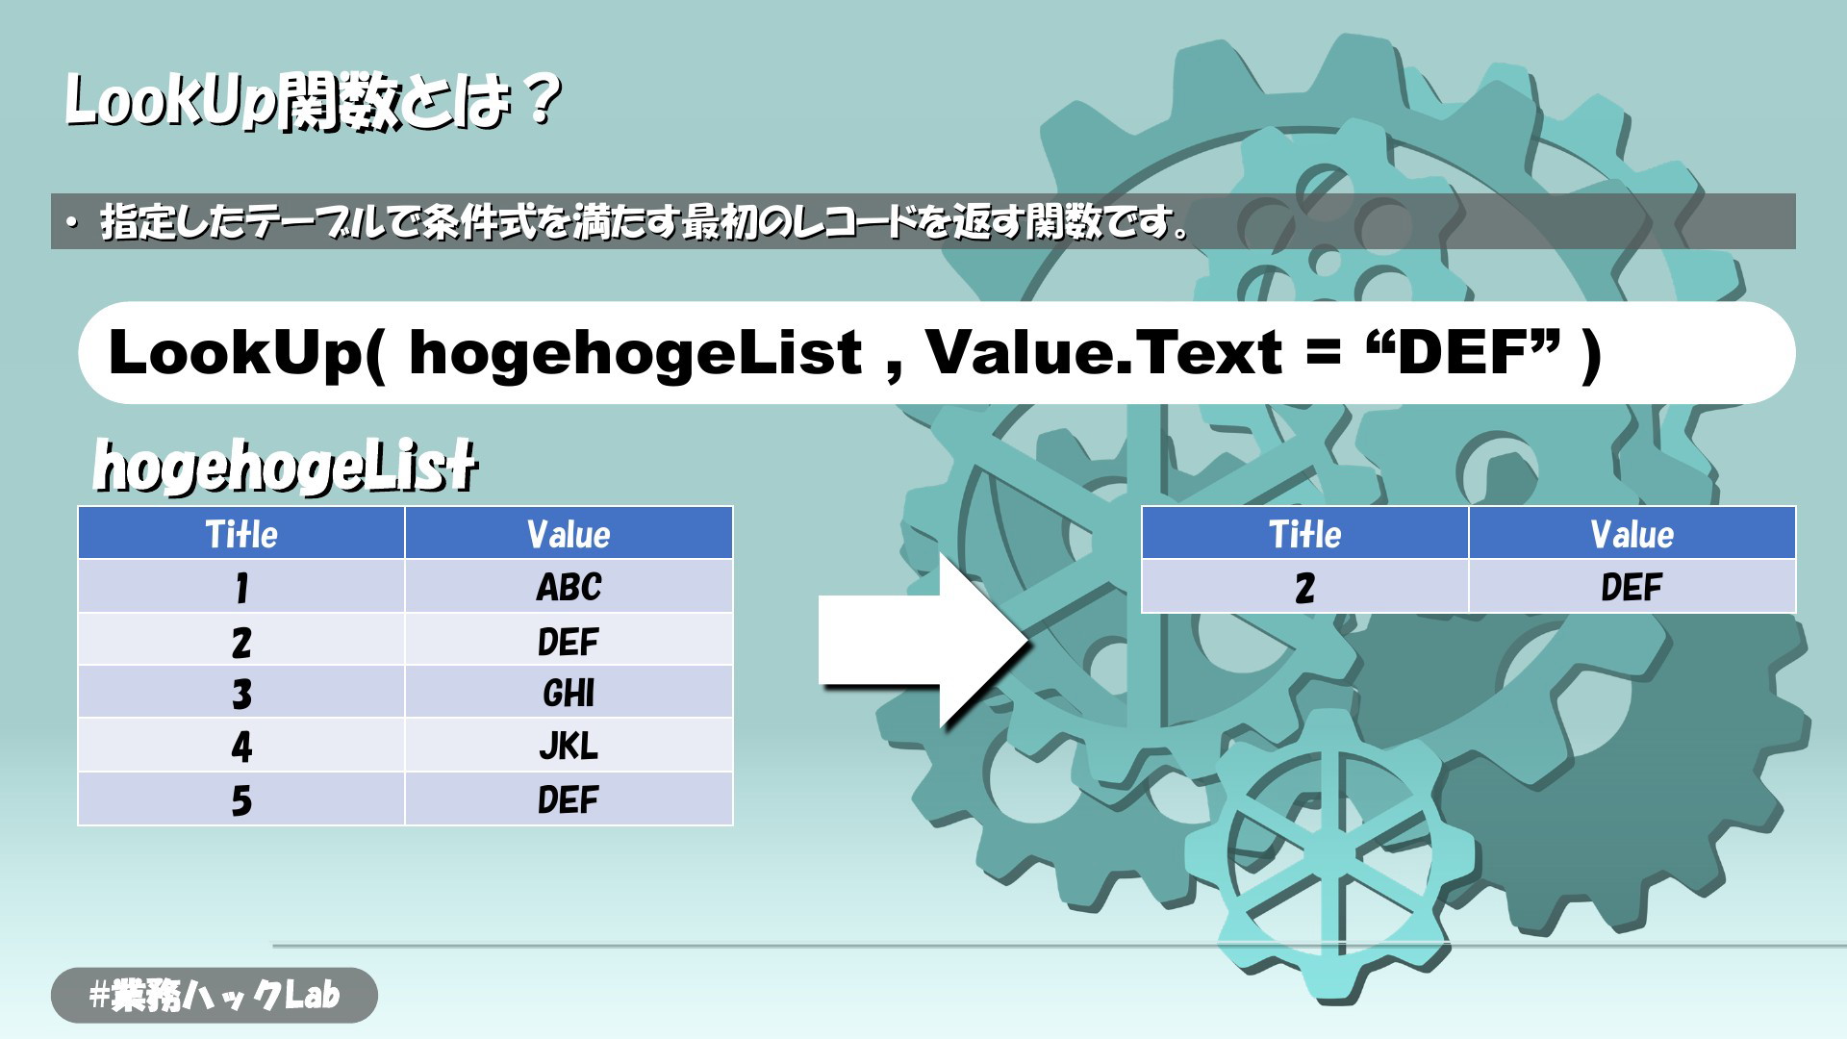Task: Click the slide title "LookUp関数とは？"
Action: (x=313, y=101)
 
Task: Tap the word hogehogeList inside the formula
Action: (x=635, y=353)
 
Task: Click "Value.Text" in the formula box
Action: (x=1104, y=352)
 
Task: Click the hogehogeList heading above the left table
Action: (x=285, y=466)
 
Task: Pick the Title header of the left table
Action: (x=241, y=534)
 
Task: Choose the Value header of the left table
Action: (x=569, y=534)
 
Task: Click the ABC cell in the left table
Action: (x=569, y=587)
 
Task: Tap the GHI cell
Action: (x=569, y=693)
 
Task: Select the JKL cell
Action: (x=569, y=746)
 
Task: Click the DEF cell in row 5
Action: (x=569, y=799)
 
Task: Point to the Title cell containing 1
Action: (x=241, y=587)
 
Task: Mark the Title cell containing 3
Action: (x=241, y=693)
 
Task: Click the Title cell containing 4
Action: (x=241, y=746)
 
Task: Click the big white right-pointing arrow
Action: (x=923, y=641)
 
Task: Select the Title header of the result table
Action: (x=1305, y=534)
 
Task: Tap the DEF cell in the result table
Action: (x=1632, y=587)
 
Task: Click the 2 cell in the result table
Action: (x=1305, y=587)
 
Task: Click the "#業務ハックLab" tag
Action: (x=215, y=995)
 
